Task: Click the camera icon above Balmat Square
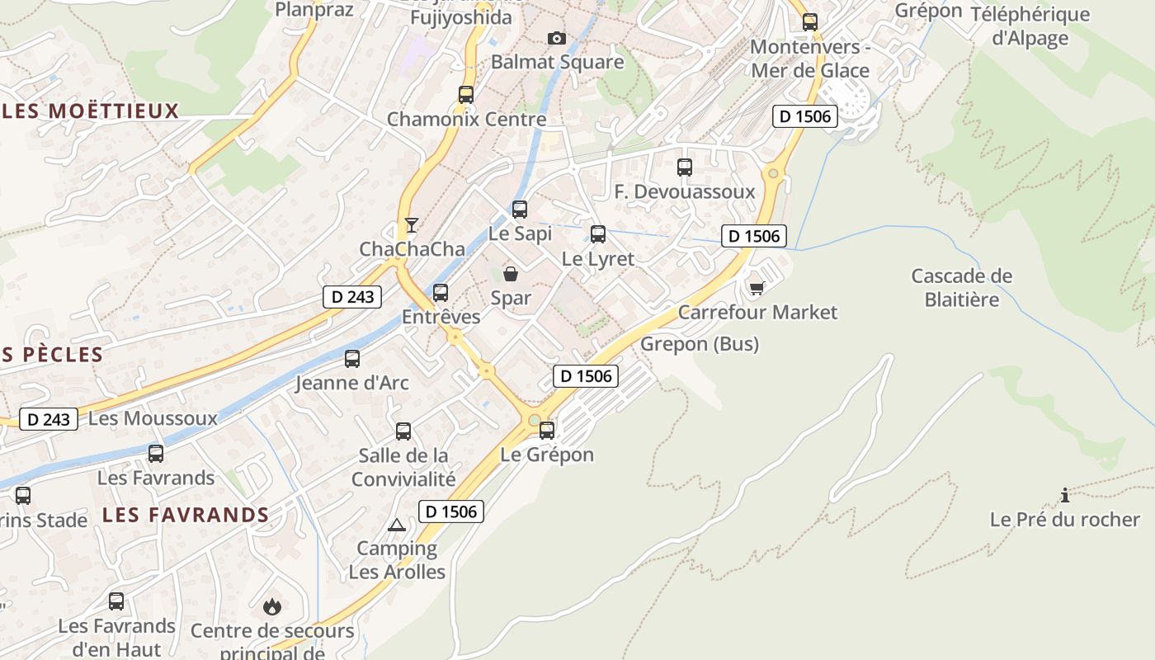tap(557, 38)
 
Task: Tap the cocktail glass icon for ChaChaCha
tap(411, 224)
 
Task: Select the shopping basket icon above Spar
tap(511, 273)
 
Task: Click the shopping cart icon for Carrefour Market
tap(757, 288)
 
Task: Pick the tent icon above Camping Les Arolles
tap(397, 525)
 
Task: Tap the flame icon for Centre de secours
tap(271, 607)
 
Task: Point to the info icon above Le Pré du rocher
tap(1065, 495)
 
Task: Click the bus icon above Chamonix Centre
tap(466, 95)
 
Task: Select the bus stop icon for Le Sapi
tap(519, 210)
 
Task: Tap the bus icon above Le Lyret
tap(598, 234)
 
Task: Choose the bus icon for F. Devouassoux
tap(684, 167)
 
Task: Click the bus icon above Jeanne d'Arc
tap(352, 359)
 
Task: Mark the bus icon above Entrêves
tap(441, 292)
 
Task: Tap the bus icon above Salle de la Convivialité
tap(403, 431)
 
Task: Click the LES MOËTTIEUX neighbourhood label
tap(91, 111)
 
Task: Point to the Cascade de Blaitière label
tap(961, 287)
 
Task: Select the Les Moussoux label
tap(153, 418)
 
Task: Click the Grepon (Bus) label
tap(700, 343)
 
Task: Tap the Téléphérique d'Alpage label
tap(1030, 26)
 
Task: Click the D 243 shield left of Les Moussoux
tap(49, 419)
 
